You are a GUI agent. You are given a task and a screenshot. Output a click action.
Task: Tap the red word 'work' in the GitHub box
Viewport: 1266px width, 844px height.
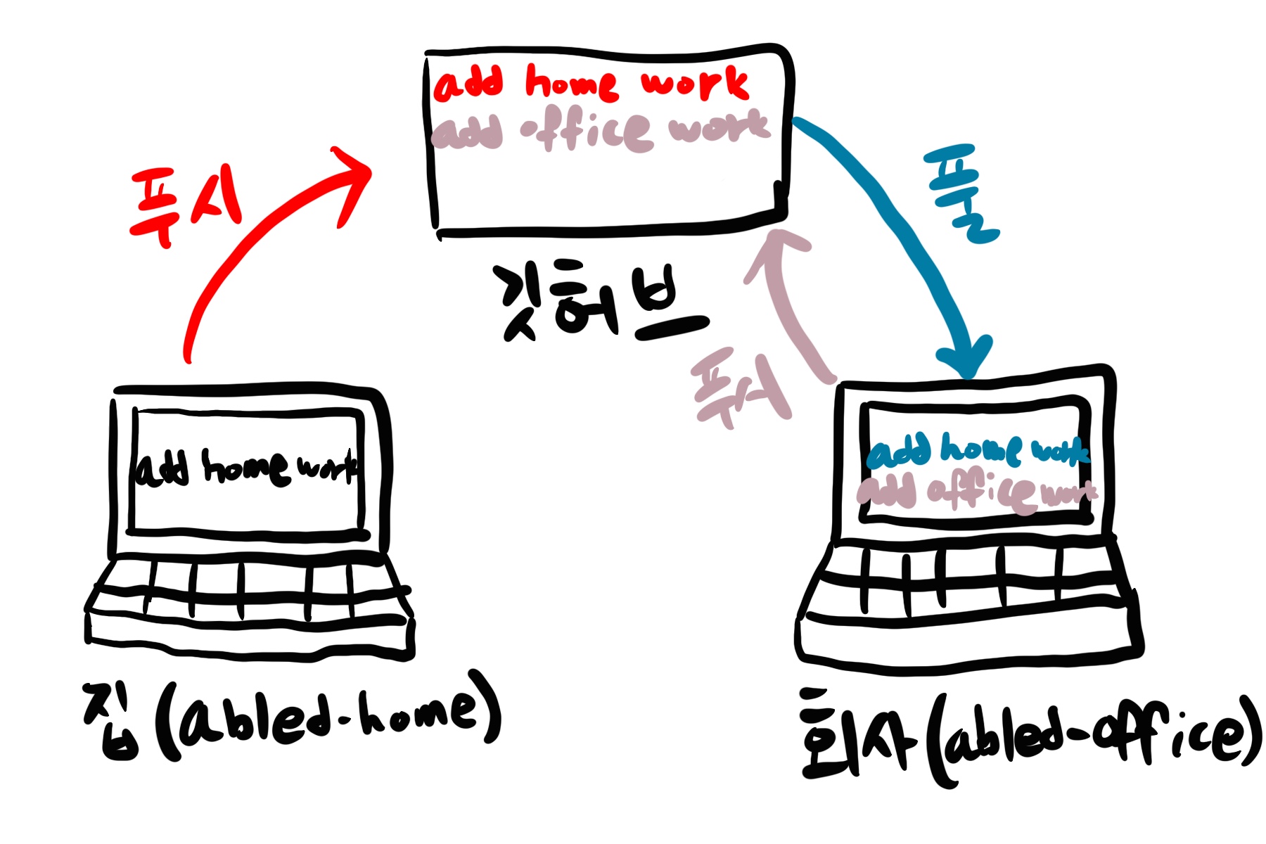[x=694, y=83]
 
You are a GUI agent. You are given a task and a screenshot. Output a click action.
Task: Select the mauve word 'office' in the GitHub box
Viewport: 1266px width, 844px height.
[x=587, y=130]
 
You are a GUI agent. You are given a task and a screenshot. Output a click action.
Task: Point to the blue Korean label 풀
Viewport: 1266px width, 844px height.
[x=961, y=193]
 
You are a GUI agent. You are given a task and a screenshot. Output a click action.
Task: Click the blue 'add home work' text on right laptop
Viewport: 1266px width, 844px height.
[x=978, y=450]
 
